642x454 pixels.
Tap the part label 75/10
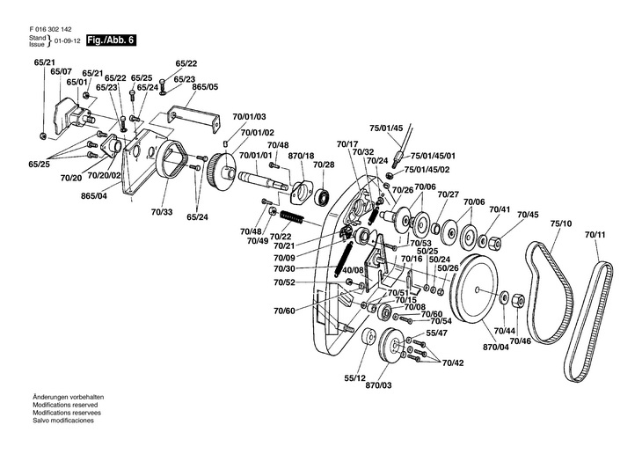point(561,224)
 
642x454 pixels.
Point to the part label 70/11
point(595,235)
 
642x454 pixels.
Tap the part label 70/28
point(324,165)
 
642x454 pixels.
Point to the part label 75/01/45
point(385,128)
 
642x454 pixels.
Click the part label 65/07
point(61,72)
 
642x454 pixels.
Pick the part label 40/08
point(353,270)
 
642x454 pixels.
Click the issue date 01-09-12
point(67,41)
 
